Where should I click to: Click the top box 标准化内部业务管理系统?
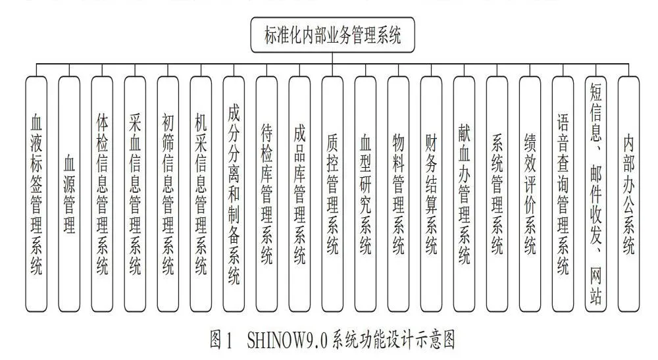332,35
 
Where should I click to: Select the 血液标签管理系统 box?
36,194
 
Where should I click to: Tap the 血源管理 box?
69,194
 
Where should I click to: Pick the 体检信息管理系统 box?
102,194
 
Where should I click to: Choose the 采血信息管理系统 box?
135,194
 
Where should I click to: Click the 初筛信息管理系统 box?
168,194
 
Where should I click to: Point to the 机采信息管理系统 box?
201,194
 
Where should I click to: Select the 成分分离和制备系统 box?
234,194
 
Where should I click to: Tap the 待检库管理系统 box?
266,194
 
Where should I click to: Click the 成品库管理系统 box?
299,194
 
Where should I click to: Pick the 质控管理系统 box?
332,194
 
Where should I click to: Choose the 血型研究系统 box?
365,194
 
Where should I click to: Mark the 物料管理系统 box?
398,194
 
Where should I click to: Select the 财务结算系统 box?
431,194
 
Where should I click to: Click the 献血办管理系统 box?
464,194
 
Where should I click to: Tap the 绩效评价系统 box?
530,194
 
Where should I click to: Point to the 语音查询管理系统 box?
563,194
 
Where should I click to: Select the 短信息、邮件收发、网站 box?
596,194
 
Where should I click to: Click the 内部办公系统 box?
628,194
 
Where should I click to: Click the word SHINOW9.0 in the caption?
287,340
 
